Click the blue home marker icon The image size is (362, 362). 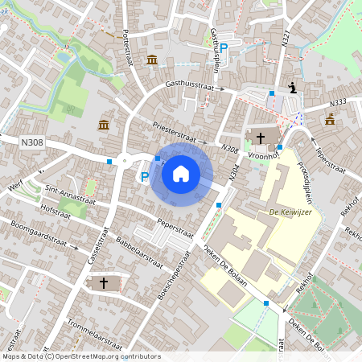181,173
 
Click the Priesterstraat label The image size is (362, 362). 179,134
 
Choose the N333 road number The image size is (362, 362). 338,102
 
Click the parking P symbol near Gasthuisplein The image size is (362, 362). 224,48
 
